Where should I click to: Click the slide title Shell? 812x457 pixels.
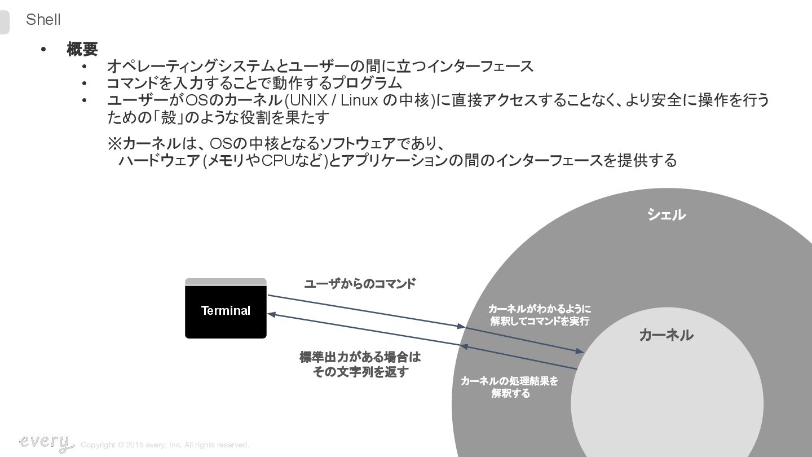(43, 20)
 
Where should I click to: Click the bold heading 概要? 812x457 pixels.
(82, 50)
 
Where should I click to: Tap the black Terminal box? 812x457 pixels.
(226, 311)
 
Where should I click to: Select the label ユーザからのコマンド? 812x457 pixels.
(360, 284)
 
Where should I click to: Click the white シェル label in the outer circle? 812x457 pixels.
(666, 215)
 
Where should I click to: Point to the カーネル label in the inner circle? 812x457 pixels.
(666, 335)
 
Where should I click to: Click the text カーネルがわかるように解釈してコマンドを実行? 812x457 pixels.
(540, 315)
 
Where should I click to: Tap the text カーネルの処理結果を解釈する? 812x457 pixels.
(510, 387)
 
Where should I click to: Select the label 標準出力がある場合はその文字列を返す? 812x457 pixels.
(360, 364)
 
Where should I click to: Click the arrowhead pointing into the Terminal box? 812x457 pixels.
(271, 315)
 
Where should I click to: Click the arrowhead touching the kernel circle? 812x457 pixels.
(580, 351)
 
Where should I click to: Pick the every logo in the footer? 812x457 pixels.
(46, 443)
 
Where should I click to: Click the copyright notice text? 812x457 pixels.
(165, 445)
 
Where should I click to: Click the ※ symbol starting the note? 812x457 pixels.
(114, 143)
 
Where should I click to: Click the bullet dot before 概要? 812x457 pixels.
(43, 50)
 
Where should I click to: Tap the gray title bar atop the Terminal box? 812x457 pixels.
(226, 282)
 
